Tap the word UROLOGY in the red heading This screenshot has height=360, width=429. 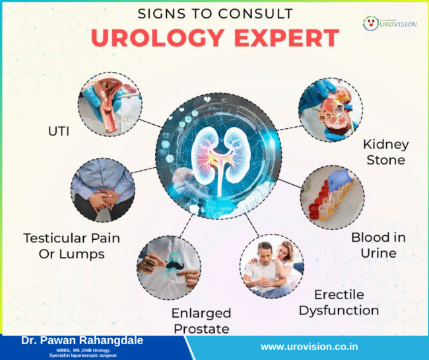pyautogui.click(x=169, y=38)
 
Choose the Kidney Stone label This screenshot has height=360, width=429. pyautogui.click(x=385, y=152)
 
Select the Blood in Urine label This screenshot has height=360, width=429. pyautogui.click(x=378, y=244)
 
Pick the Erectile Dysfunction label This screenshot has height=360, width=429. pyautogui.click(x=339, y=302)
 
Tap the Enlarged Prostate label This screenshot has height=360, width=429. pyautogui.click(x=201, y=320)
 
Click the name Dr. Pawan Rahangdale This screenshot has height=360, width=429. pyautogui.click(x=82, y=341)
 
